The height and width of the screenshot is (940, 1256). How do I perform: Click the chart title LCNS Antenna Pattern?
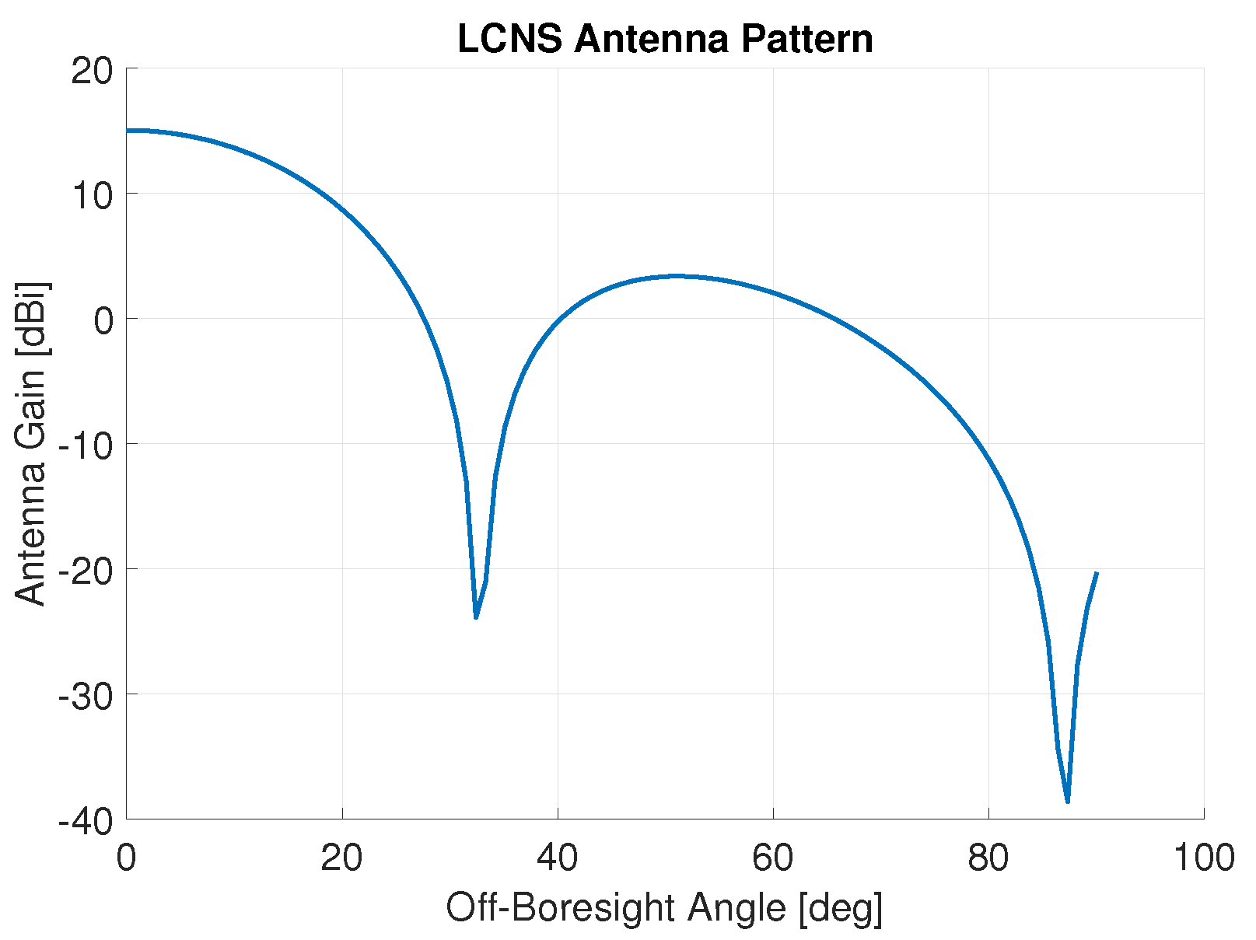pyautogui.click(x=665, y=39)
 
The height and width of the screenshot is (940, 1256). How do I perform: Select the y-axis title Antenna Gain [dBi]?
pyautogui.click(x=31, y=443)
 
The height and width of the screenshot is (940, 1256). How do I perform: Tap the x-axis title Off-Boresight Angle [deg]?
pyautogui.click(x=664, y=908)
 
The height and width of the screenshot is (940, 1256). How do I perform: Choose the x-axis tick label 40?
pyautogui.click(x=558, y=858)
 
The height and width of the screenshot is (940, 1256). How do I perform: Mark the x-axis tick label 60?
pyautogui.click(x=773, y=858)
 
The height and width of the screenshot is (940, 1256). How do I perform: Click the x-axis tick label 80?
pyautogui.click(x=988, y=858)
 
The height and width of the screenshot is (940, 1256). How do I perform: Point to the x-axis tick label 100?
pyautogui.click(x=1203, y=858)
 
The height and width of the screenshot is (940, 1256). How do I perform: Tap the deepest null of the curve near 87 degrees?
pyautogui.click(x=1068, y=802)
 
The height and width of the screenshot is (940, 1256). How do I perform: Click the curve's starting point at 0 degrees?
pyautogui.click(x=128, y=131)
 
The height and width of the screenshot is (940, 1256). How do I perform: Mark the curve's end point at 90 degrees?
pyautogui.click(x=1097, y=573)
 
